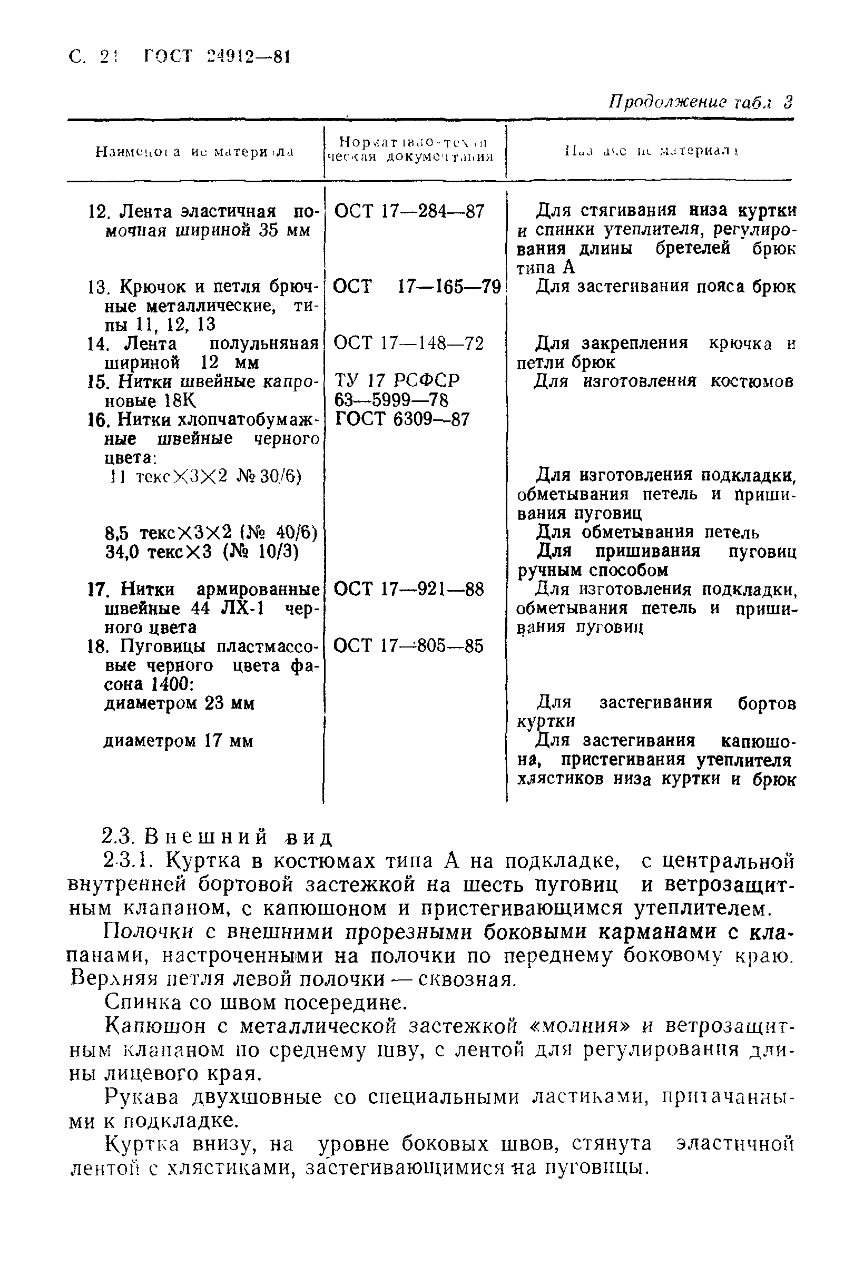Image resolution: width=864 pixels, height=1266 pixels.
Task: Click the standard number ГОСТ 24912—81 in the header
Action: coord(217,57)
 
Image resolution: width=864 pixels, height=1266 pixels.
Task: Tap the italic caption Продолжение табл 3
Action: coord(700,102)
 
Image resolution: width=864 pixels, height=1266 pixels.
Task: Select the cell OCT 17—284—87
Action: coord(409,211)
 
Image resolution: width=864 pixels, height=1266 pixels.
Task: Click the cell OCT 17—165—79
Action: coord(417,287)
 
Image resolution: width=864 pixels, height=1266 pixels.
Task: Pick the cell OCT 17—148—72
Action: coord(409,343)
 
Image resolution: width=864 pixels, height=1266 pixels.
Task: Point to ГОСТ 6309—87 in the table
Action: coord(402,419)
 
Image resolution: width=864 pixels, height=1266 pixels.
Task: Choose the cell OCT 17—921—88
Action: coord(409,589)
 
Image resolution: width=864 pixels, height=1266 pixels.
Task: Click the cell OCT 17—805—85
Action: coord(409,646)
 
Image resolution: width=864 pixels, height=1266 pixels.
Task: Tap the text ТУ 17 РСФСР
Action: coord(397,380)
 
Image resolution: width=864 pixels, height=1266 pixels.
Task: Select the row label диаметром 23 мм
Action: coord(179,703)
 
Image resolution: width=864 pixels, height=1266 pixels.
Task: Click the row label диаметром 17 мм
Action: coord(179,741)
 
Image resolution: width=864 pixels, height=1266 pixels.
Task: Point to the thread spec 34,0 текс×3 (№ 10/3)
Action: coord(202,552)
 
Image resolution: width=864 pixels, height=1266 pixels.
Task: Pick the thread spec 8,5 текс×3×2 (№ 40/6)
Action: coord(211,532)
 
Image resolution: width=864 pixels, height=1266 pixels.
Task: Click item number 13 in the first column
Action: coord(99,287)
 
